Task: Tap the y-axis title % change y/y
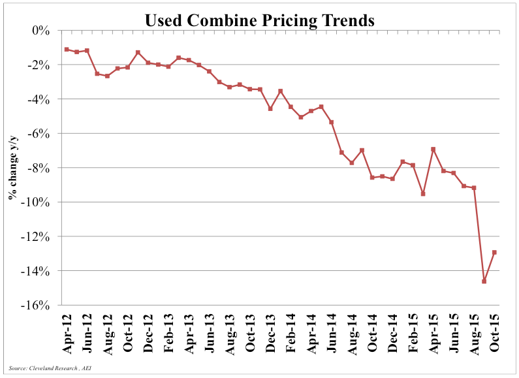[x=13, y=168]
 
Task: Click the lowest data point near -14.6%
[x=484, y=281]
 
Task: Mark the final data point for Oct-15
[x=494, y=253]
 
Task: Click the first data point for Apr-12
[x=67, y=49]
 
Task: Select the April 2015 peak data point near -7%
[x=433, y=150]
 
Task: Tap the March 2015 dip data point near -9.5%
[x=423, y=194]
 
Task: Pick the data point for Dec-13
[x=270, y=108]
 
